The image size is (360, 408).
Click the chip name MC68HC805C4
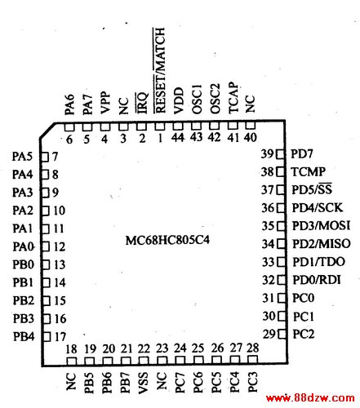point(167,240)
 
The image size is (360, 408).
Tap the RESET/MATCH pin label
point(160,70)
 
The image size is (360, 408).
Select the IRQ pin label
point(142,103)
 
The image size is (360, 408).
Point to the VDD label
point(178,100)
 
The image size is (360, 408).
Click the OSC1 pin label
point(197,99)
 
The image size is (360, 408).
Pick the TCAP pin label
point(233,98)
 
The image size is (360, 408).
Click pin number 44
point(178,137)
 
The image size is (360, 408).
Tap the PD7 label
point(302,154)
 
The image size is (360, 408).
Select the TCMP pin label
point(309,171)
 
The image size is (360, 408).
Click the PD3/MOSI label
point(321,226)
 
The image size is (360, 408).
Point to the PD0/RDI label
point(317,280)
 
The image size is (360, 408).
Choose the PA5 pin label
point(22,157)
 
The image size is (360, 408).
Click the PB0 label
point(24,264)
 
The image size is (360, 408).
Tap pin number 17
point(60,337)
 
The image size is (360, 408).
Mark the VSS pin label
point(144,383)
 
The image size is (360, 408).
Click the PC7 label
point(180,383)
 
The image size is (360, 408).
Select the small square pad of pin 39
point(280,154)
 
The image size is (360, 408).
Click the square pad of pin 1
point(160,126)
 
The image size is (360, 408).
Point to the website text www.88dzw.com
point(310,398)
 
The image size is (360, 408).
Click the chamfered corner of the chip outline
point(47,131)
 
